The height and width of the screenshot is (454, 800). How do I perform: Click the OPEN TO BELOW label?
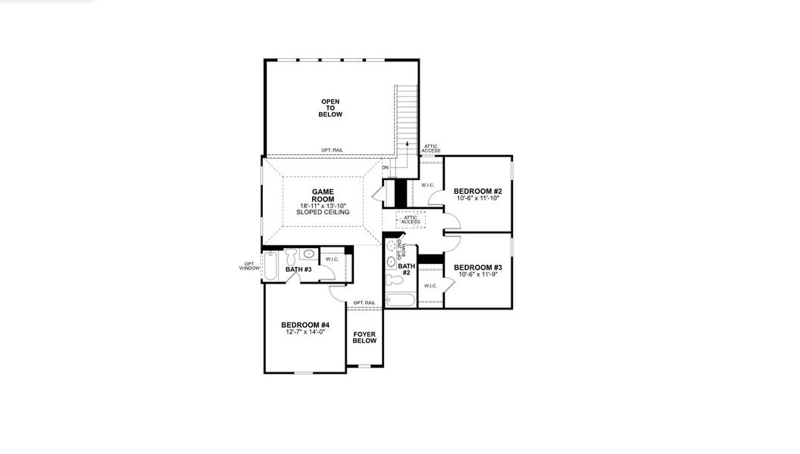click(331, 108)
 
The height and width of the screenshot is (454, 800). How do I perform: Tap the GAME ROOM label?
click(323, 195)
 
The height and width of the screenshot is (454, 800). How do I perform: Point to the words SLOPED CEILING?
click(323, 213)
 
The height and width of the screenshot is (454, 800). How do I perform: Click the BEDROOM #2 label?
click(478, 191)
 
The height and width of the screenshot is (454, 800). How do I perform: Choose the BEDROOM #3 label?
click(478, 267)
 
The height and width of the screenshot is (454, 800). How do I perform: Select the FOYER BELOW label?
click(364, 337)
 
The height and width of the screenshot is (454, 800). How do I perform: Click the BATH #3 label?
click(298, 269)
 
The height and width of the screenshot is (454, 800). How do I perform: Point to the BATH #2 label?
click(407, 269)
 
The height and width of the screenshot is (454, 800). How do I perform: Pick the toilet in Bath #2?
click(392, 281)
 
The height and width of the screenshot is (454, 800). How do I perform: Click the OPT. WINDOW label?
click(249, 266)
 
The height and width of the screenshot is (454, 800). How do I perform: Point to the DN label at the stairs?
click(385, 167)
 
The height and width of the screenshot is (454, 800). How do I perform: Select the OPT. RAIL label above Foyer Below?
click(364, 303)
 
